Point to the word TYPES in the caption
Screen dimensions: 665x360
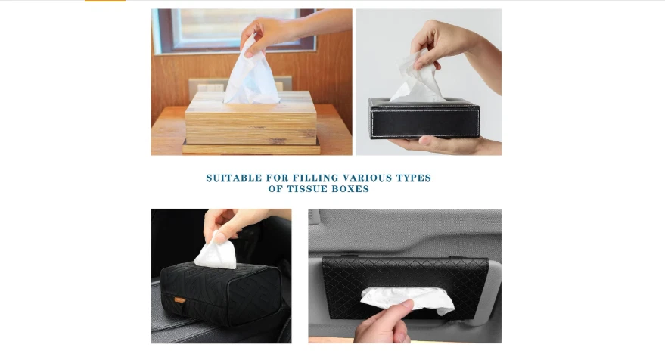[414, 178]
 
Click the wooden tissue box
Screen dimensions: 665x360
[251, 118]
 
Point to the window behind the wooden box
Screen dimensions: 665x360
[234, 30]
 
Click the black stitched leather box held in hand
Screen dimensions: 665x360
[424, 118]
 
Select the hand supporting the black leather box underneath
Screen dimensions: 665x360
[446, 145]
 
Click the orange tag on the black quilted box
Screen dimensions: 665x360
[180, 300]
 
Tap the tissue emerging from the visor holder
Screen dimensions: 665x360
[407, 299]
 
